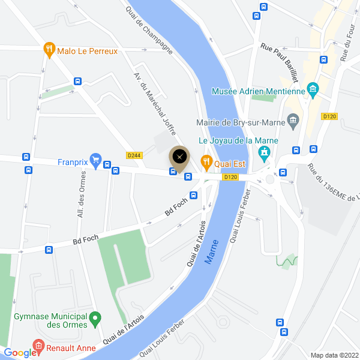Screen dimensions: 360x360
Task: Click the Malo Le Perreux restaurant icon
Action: click(49, 51)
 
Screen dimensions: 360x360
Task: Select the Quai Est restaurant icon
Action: click(206, 160)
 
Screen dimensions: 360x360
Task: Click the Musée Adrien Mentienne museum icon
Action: click(312, 91)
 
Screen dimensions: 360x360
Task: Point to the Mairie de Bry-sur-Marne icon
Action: click(293, 122)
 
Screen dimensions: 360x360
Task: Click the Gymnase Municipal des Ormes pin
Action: click(95, 317)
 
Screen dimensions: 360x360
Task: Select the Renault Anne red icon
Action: click(38, 346)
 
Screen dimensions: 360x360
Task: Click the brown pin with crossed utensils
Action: click(179, 157)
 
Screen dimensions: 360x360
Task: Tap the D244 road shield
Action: click(134, 155)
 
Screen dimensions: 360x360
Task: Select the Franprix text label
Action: click(73, 161)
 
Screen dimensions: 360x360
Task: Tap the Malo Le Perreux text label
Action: click(88, 51)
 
